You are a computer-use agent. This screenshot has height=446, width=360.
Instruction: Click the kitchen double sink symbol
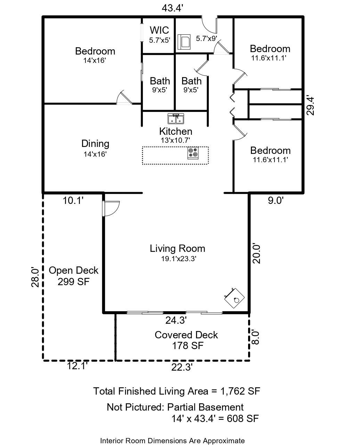tap(176, 119)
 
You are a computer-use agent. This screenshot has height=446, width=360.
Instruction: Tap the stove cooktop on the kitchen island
tap(193, 153)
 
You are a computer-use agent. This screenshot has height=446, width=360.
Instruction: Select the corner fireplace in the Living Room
tap(235, 298)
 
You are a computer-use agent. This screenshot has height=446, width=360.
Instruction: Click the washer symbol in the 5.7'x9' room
tap(184, 42)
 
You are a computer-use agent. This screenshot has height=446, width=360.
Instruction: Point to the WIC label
tap(159, 30)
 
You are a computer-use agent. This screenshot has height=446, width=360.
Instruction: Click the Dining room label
tap(95, 143)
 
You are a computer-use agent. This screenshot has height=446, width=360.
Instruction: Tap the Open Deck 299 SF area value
tap(74, 282)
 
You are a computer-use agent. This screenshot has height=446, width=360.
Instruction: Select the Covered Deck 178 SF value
tap(188, 346)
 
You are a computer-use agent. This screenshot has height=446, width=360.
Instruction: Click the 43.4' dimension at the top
tap(172, 8)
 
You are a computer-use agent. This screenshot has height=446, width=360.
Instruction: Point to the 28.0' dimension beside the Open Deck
tap(35, 277)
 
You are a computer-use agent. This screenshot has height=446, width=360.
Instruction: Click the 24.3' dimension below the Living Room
tap(176, 320)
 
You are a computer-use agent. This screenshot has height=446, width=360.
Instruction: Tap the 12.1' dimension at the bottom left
tap(77, 366)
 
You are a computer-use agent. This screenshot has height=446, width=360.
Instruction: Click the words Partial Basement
tap(205, 407)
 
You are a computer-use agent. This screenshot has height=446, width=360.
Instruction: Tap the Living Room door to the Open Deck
tap(111, 208)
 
